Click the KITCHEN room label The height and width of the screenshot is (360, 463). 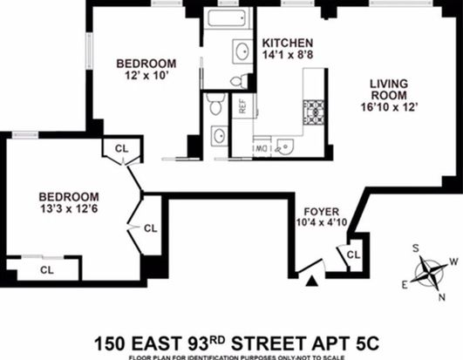tap(288, 43)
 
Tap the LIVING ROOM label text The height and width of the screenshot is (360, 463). tap(389, 90)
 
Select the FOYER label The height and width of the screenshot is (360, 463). tap(322, 212)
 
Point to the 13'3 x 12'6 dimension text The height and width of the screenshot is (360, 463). tap(69, 209)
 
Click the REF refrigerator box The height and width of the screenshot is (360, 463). tap(242, 106)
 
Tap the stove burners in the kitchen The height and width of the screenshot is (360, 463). tap(313, 112)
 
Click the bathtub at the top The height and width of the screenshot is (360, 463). tap(228, 18)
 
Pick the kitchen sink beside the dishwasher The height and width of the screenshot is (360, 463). tap(283, 146)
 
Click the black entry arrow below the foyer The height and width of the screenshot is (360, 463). tap(312, 282)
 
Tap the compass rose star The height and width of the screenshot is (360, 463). tap(429, 273)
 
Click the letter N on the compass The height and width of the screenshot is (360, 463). tap(442, 297)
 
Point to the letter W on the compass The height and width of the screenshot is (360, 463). tap(454, 262)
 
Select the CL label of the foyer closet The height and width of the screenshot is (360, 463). tap(353, 255)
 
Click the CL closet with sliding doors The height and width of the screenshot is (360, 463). tap(47, 269)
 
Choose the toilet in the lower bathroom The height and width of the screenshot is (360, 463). tap(216, 104)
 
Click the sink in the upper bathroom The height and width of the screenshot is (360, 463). tap(242, 51)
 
